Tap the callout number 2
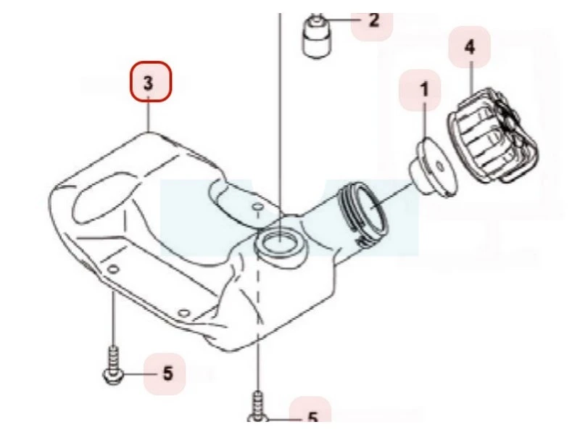pos(374,20)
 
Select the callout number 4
pos(470,47)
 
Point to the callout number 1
pos(424,90)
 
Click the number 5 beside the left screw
pos(168,373)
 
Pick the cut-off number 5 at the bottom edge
pos(313,417)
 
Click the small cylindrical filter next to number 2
pos(317,37)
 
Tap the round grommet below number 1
pos(433,167)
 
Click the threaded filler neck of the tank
pos(362,215)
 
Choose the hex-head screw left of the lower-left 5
pos(112,366)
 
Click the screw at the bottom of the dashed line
pos(258,407)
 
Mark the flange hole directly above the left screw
pos(114,269)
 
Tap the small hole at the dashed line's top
pos(257,206)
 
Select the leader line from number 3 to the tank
pos(149,115)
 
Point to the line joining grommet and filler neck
pos(392,196)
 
